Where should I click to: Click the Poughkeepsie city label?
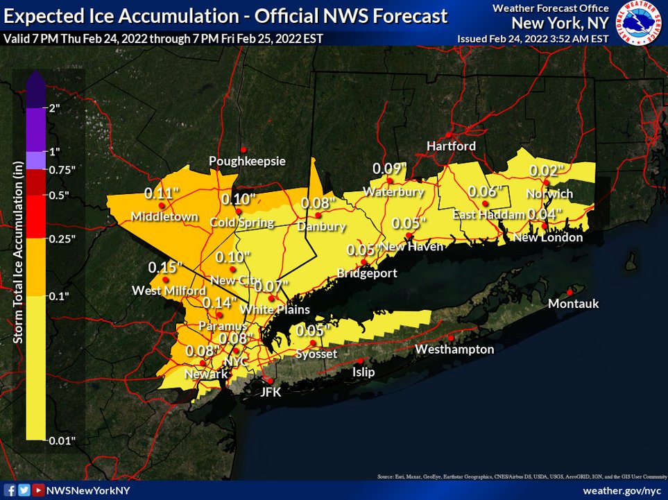[247, 161]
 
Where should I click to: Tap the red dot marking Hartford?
[449, 134]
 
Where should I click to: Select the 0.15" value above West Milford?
[165, 267]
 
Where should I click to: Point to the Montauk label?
[573, 304]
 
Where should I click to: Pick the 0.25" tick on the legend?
[62, 239]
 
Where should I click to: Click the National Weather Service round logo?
[639, 24]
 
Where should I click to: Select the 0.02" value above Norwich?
[547, 170]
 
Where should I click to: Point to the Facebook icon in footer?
[10, 490]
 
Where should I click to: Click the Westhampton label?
[454, 350]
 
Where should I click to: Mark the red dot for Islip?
[361, 361]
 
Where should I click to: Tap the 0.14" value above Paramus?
[219, 302]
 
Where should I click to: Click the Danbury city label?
[320, 227]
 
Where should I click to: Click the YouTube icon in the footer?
[38, 490]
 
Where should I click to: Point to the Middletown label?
[165, 217]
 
